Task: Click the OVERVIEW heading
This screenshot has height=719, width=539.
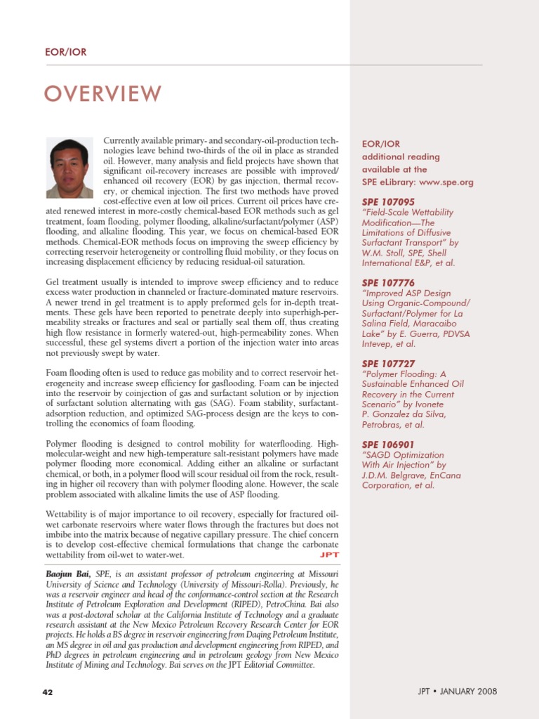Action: click(103, 93)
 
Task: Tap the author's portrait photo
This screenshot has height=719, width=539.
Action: click(69, 168)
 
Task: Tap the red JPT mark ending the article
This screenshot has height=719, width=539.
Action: click(329, 555)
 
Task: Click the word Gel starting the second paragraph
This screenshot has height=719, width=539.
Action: click(53, 282)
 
